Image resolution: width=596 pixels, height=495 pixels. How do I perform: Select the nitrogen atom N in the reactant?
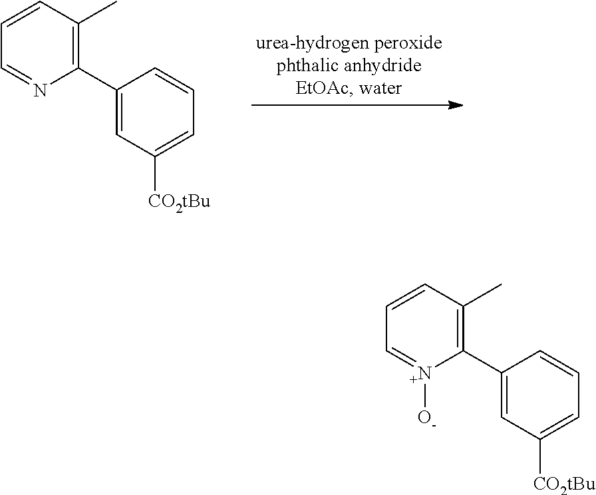tap(40, 90)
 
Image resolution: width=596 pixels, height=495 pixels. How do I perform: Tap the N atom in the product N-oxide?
tap(426, 373)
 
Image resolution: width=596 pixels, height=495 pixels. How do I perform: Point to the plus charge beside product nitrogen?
tap(414, 379)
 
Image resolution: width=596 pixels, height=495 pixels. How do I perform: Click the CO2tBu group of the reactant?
tap(179, 202)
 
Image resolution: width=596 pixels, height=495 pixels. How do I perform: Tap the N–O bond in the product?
tap(425, 395)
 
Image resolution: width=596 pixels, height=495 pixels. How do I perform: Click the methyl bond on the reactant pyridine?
tap(97, 13)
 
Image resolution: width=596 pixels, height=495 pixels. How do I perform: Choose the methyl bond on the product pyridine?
tap(483, 295)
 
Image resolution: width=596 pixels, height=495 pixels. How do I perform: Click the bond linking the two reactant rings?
tap(97, 79)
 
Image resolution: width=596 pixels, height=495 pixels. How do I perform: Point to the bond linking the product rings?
tap(483, 362)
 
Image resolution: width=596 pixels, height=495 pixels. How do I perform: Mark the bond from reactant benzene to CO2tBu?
tap(155, 174)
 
